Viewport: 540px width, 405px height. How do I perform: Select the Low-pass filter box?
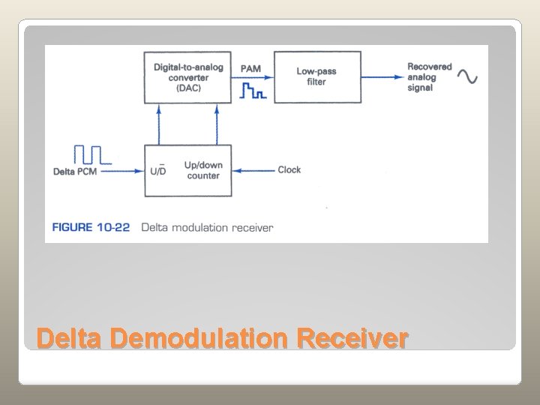[x=316, y=76]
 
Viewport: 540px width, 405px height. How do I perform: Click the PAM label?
[x=251, y=70]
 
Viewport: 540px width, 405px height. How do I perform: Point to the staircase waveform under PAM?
[x=252, y=91]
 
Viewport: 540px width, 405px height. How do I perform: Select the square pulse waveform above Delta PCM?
[x=91, y=154]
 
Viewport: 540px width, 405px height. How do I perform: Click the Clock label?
[x=289, y=170]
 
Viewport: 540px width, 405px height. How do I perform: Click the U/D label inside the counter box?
[x=158, y=170]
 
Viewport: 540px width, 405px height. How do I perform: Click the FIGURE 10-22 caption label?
[x=92, y=227]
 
